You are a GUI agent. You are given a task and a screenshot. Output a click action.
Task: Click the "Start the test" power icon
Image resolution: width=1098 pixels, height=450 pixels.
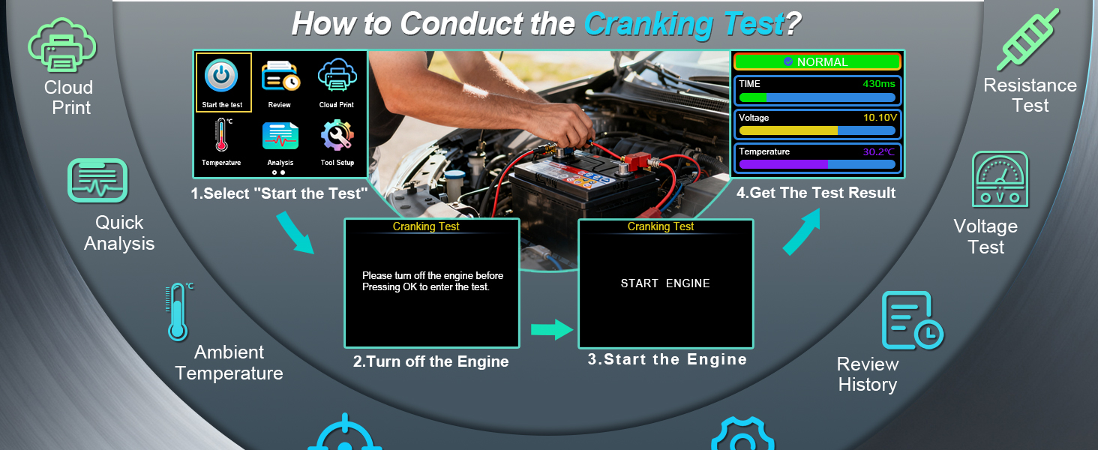[x=221, y=76]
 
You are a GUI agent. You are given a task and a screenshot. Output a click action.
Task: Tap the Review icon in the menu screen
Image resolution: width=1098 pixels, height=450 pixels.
[x=280, y=76]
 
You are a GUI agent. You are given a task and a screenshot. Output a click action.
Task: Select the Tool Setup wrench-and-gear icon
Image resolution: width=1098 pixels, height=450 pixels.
[x=337, y=135]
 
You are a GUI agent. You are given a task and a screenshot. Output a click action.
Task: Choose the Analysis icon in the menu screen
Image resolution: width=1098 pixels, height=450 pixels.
[x=280, y=136]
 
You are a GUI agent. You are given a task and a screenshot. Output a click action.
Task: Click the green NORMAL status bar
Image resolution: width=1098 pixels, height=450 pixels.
[x=817, y=61]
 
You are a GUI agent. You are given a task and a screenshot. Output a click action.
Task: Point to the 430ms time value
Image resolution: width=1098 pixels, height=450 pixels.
[x=878, y=84]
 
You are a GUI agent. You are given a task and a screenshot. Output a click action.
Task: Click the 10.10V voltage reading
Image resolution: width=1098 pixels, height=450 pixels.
[x=880, y=118]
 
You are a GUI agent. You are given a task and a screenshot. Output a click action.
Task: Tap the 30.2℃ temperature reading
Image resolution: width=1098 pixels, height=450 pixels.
[x=878, y=152]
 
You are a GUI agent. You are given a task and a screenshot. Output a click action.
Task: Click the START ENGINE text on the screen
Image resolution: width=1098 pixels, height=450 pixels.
[x=665, y=283]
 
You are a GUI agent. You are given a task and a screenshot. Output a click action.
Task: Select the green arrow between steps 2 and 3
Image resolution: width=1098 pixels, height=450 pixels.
[x=552, y=329]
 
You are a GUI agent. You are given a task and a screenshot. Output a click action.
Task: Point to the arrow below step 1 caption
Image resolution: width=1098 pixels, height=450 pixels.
[x=295, y=232]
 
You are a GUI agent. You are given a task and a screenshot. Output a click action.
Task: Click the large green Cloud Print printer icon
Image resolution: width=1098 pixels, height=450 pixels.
[x=62, y=45]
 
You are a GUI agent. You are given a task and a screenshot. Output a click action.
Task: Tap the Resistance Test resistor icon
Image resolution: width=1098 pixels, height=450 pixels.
[x=1028, y=40]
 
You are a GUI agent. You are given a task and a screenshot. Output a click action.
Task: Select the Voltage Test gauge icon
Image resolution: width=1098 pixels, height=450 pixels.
[x=1000, y=179]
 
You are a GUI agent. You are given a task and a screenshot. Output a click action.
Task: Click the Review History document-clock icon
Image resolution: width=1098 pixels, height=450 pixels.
[x=913, y=320]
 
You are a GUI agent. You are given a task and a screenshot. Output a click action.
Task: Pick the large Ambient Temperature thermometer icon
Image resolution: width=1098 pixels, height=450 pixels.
[x=178, y=312]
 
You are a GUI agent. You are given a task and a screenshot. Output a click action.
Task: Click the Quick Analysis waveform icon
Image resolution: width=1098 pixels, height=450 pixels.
[x=97, y=181]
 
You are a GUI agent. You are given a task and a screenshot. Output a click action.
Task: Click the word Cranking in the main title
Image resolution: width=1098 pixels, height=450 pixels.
[x=649, y=24]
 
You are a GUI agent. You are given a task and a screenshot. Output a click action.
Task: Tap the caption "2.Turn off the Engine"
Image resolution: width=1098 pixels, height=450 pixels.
[x=430, y=361]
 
